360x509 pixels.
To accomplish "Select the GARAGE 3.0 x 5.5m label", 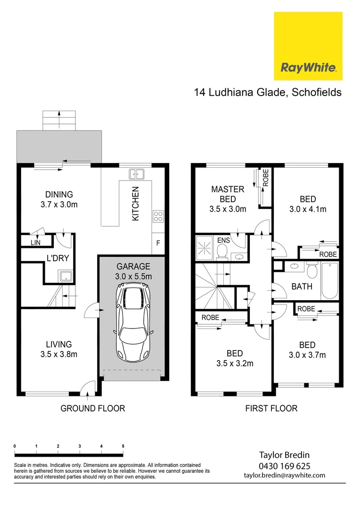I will [134, 271].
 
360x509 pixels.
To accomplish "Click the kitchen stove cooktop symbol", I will [158, 217].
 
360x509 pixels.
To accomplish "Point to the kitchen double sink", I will [136, 174].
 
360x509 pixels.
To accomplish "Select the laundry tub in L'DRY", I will [64, 276].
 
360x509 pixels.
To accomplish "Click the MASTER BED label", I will [228, 194].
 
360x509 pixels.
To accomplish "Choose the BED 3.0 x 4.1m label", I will [307, 204].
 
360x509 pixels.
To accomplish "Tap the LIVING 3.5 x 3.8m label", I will [59, 349].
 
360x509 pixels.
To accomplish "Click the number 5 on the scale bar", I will [123, 445].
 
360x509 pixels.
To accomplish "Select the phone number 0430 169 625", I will [284, 466].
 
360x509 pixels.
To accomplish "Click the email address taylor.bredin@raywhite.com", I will [284, 475].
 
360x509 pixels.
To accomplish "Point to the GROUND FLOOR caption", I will [93, 408].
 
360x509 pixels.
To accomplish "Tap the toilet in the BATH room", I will [311, 271].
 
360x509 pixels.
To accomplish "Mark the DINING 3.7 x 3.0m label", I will [59, 199].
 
